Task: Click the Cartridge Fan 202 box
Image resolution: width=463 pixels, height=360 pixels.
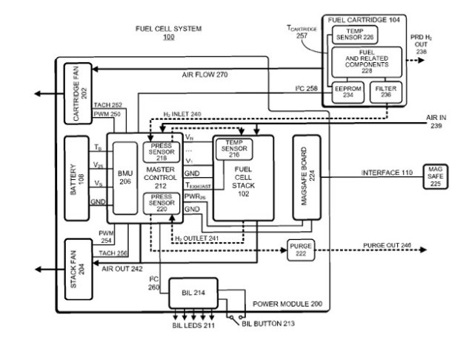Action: (77, 93)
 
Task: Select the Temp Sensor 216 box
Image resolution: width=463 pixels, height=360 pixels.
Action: (234, 148)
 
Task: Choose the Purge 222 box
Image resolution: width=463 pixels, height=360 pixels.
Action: (300, 249)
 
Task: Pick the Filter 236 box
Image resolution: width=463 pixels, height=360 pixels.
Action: (386, 93)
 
